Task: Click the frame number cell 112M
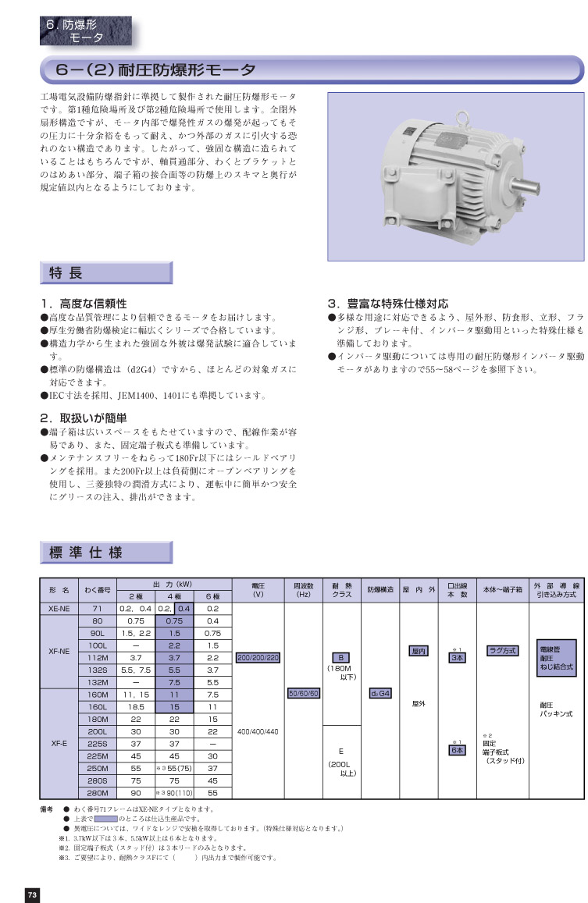pos(98,658)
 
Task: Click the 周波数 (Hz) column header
pos(303,589)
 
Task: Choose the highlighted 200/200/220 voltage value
pos(257,657)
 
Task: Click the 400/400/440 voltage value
pos(257,731)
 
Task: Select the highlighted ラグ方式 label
pos(501,650)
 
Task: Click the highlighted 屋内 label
pos(419,650)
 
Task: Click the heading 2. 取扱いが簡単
pos(84,418)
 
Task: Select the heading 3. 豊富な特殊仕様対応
pos(388,304)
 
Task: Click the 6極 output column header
pos(212,596)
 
